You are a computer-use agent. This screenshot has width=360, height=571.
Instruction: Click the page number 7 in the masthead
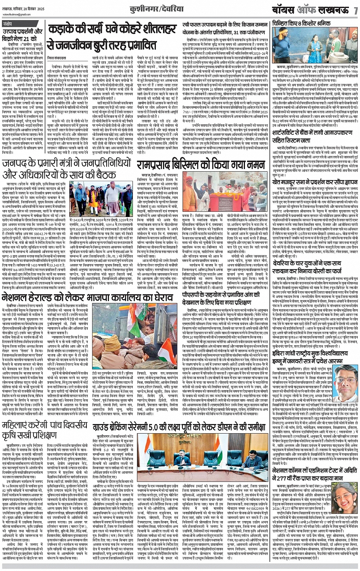(x=355, y=10)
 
